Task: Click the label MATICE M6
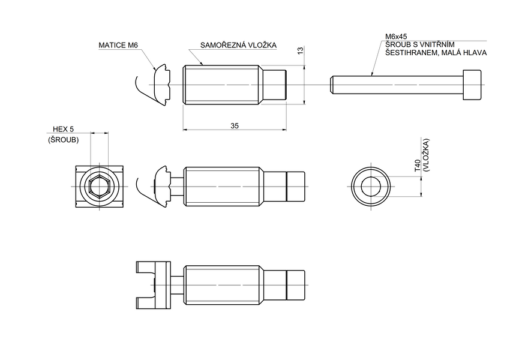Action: pos(118,45)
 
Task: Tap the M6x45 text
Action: pos(397,37)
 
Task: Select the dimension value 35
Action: pos(235,125)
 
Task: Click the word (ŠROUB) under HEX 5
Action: pos(63,139)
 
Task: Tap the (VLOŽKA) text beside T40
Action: pos(425,155)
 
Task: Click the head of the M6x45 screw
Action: pos(472,85)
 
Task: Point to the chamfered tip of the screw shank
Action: pos(332,85)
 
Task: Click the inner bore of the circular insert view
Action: pos(371,187)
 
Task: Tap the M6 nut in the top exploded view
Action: pos(161,85)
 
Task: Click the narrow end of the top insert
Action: pos(278,85)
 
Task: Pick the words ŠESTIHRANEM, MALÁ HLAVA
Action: pos(436,53)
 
